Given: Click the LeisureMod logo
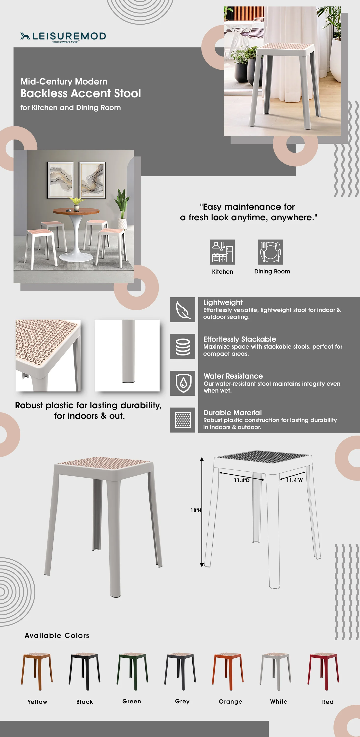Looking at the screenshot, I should [x=63, y=37].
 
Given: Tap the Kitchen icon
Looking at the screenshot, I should [x=222, y=252].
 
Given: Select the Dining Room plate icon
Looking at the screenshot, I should [x=270, y=252].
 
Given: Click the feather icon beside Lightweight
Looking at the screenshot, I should [x=183, y=310].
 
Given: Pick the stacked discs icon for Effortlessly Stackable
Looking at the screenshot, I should [x=183, y=346].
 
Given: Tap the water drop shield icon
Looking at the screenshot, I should [x=183, y=383].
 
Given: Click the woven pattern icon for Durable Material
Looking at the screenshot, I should [x=183, y=420].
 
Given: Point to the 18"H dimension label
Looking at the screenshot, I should [x=196, y=510].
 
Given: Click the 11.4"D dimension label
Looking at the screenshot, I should [x=242, y=480].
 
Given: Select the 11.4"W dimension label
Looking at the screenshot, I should [x=294, y=480].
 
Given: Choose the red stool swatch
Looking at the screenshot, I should [x=323, y=671].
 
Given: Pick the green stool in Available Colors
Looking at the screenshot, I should [x=132, y=671].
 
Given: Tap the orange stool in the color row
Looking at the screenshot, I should [x=228, y=671].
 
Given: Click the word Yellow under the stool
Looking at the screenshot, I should [x=38, y=702].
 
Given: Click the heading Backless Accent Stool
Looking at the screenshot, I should [x=81, y=94].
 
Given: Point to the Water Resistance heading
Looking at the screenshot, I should [x=233, y=376].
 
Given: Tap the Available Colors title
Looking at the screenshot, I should [x=57, y=636].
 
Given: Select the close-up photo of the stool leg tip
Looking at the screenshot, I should [x=127, y=355].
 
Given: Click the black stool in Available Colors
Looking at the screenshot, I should [x=85, y=671].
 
